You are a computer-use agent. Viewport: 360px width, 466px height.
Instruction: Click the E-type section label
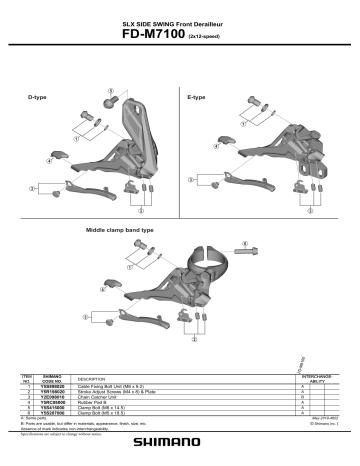196,97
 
